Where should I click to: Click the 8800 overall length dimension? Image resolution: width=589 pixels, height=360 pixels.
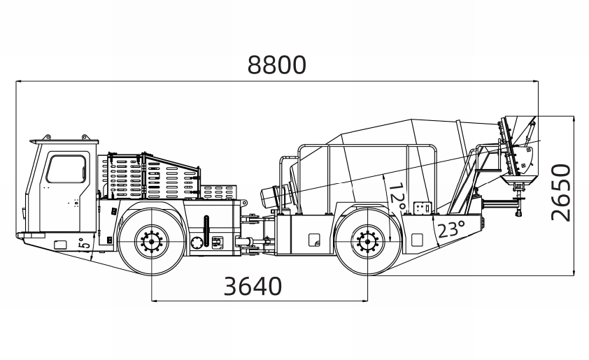pos(277,65)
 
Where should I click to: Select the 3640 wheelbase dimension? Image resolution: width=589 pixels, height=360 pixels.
pos(253,287)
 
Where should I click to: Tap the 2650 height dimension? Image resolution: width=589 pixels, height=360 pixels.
pos(561,192)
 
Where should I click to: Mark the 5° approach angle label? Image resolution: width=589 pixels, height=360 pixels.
pos(85,244)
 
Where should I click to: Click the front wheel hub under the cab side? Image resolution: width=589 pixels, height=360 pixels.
pos(152,242)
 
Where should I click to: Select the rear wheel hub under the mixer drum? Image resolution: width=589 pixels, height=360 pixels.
pos(368,242)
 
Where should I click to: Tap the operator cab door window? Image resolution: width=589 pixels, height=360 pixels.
pos(66,169)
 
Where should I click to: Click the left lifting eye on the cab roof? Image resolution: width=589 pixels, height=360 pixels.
pos(47,138)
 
